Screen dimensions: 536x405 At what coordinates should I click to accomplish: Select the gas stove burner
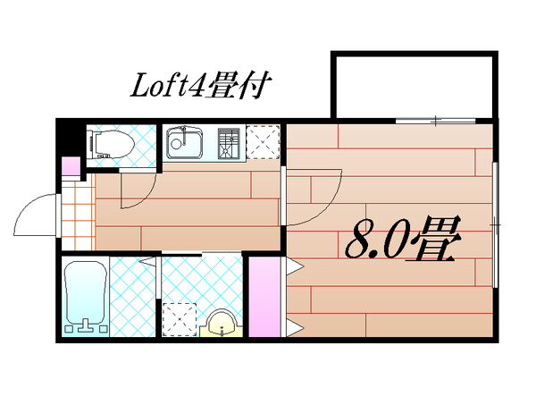229,144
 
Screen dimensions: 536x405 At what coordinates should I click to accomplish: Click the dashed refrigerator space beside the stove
263,142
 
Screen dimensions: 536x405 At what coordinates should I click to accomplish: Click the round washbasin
222,324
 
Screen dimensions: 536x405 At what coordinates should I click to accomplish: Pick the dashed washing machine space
180,320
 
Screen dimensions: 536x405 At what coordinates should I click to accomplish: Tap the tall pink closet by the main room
264,297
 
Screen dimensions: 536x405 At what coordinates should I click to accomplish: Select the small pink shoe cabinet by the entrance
71,166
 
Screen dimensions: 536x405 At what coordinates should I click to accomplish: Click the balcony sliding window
436,121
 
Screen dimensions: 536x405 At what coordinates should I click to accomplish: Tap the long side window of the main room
495,224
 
